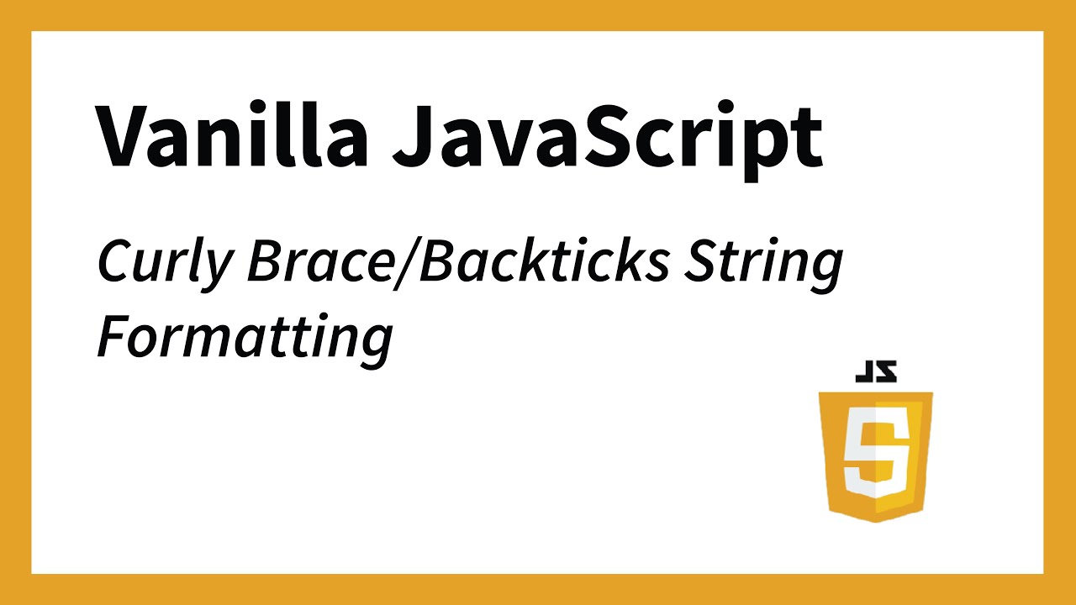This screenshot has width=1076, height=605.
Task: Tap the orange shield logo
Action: [876, 454]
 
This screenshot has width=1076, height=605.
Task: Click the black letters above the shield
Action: [876, 371]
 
